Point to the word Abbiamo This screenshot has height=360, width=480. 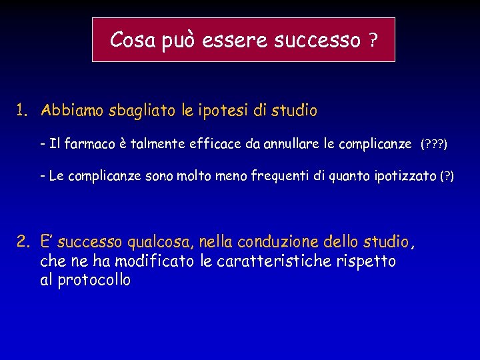(69, 111)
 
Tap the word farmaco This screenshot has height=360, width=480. (89, 144)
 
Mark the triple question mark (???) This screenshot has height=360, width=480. (434, 145)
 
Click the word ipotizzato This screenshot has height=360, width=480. (407, 176)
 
